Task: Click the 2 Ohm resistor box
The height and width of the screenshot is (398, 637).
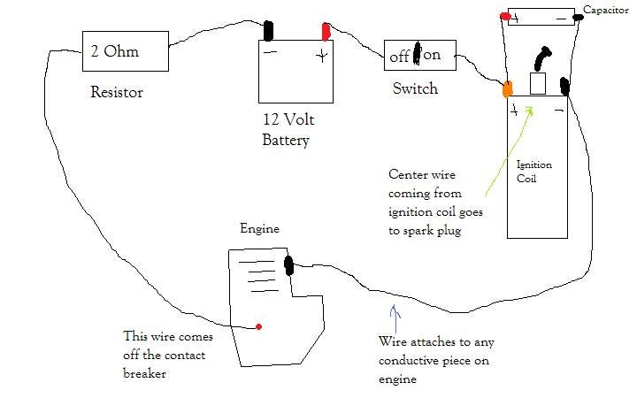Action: point(124,53)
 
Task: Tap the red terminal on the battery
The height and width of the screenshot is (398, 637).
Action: point(325,31)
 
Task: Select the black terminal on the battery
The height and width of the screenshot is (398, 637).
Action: point(269,28)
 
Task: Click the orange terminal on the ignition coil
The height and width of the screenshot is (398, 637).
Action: point(507,88)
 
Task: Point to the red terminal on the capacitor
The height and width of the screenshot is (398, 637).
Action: point(505,15)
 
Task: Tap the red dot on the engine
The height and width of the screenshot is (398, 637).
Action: point(258,326)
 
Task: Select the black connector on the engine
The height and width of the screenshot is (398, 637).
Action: point(288,264)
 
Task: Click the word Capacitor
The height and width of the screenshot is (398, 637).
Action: point(605,10)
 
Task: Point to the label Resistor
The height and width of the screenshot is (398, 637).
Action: point(116,92)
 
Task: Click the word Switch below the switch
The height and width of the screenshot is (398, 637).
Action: point(415,89)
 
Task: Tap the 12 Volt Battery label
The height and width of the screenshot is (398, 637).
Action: point(288,129)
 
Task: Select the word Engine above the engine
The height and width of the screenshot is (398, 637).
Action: point(260,228)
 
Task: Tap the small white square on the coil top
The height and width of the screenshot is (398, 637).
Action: point(537,84)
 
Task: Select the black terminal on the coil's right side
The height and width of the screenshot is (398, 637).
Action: point(564,87)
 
